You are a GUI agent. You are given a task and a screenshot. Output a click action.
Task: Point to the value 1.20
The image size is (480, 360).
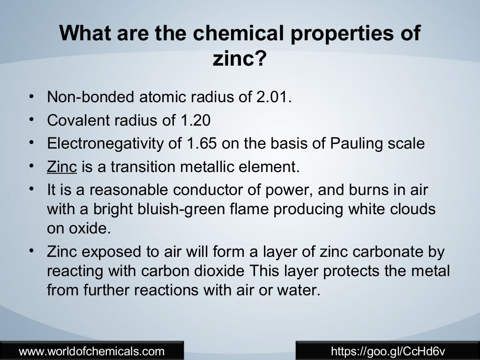(195, 120)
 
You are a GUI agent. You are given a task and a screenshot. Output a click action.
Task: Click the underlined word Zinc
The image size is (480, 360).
(62, 166)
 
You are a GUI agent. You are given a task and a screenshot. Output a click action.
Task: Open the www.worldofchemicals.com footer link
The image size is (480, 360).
(92, 351)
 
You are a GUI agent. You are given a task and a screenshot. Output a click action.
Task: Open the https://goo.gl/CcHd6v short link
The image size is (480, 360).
(388, 351)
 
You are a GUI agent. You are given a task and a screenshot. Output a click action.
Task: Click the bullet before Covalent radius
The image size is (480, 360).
(30, 120)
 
